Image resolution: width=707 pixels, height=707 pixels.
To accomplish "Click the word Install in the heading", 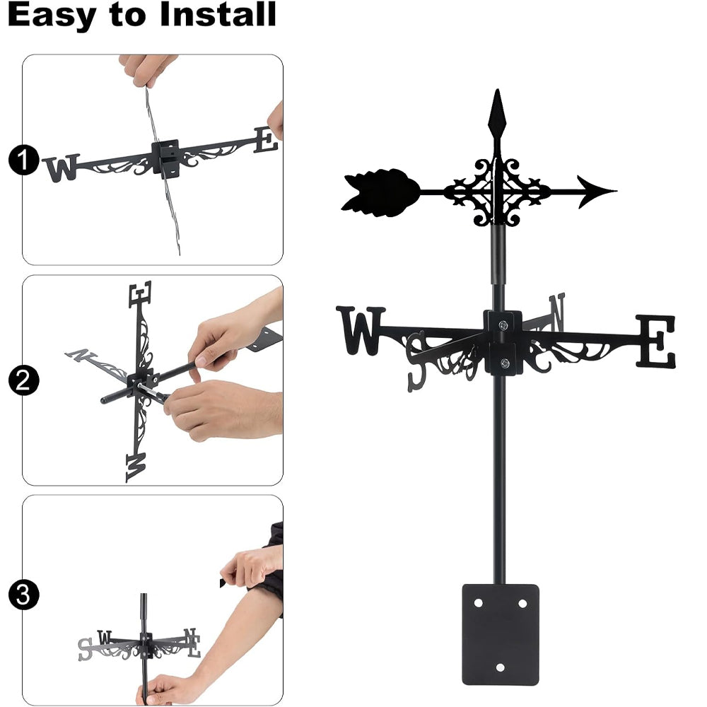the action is point(217,14).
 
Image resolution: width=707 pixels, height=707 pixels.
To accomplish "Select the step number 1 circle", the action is point(23,160).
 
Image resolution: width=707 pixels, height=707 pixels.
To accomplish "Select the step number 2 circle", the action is point(23,380).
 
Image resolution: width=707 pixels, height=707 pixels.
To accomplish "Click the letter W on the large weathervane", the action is point(361,330).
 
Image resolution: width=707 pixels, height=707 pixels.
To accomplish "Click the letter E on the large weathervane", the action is point(656,341).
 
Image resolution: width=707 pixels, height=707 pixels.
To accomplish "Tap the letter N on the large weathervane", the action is point(557,312).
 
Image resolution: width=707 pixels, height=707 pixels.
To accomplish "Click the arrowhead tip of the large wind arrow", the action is point(616,191).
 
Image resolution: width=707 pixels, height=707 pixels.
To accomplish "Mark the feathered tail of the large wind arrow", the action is point(380,192).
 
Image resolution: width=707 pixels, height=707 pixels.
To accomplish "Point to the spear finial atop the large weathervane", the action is point(497,115).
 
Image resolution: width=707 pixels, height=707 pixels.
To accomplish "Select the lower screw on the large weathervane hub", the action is point(505,363).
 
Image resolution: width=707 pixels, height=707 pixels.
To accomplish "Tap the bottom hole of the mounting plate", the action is point(500,667).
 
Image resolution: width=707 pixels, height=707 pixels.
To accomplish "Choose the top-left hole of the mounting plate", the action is point(479,603).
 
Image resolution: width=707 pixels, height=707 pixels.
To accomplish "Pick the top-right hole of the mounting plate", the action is point(522,603).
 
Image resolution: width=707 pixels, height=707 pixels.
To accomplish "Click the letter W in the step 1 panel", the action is point(61,168).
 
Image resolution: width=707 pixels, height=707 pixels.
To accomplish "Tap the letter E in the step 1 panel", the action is point(266,140).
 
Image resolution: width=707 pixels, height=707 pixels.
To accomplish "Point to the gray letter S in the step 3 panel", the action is point(85,649).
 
